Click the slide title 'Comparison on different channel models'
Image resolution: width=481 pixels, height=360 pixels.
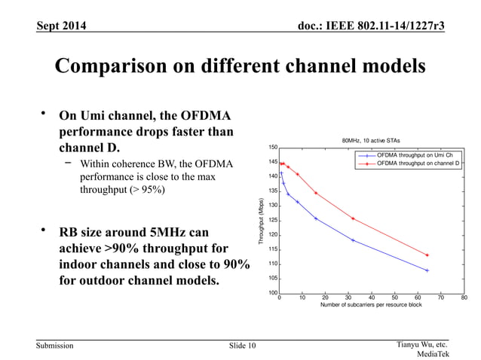(240, 67)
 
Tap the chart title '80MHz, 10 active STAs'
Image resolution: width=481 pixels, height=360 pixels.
(371, 140)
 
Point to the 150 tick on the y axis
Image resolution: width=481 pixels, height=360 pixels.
(273, 148)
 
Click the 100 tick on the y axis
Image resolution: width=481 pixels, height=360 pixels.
(273, 293)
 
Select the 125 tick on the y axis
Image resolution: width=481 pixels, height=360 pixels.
(273, 220)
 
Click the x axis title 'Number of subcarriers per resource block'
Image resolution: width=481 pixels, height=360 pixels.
(371, 307)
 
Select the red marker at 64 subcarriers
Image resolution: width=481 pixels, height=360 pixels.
(427, 255)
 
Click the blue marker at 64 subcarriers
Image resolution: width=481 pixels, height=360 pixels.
(427, 270)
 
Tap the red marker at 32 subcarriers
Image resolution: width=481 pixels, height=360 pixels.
(353, 218)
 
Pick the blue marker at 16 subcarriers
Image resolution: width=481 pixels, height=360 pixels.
(316, 218)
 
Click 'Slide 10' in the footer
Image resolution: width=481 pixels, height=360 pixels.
(242, 346)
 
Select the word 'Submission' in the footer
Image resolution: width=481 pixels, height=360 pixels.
(56, 346)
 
